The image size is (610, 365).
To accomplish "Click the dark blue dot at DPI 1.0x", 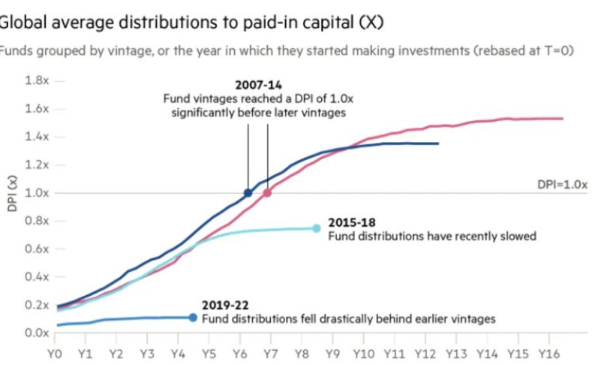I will (x=248, y=193).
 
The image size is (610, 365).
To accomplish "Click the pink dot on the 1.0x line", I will (x=267, y=193).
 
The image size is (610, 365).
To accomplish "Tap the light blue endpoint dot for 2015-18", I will (x=317, y=228).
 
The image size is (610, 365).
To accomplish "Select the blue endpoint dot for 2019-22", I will (x=193, y=318).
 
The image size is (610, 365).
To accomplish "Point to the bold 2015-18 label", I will (x=347, y=223).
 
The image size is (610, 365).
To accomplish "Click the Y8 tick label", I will (x=302, y=351).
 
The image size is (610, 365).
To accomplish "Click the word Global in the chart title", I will (x=17, y=21).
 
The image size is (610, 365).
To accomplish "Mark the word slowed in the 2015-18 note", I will (x=518, y=236).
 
